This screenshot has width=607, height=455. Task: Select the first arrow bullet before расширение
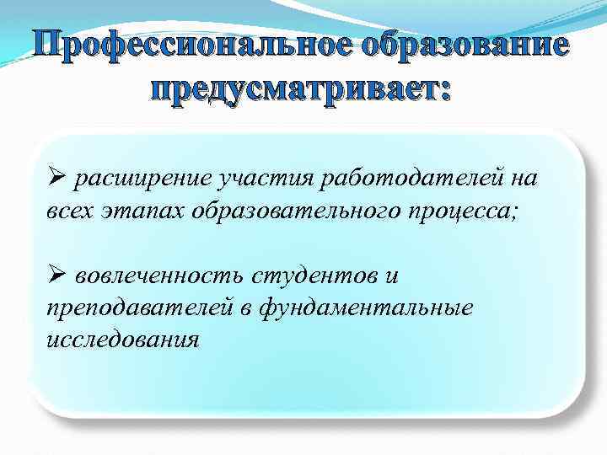point(55,178)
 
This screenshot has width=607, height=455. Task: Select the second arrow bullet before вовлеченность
point(55,276)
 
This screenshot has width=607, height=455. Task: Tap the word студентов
point(323,276)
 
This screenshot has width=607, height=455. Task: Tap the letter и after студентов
point(390,276)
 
